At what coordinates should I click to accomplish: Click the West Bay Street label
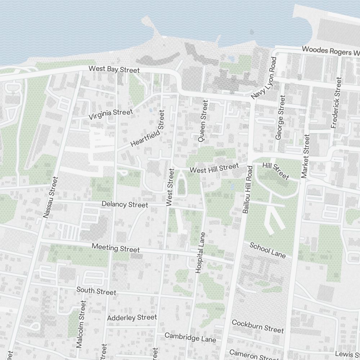click(x=114, y=69)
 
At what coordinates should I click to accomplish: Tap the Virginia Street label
click(x=111, y=114)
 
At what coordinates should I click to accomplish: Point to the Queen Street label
click(x=203, y=121)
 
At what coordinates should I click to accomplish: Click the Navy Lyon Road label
click(x=264, y=78)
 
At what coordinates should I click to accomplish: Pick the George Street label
click(x=280, y=117)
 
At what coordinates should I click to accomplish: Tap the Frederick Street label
click(x=336, y=103)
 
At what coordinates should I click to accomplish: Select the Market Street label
click(x=305, y=156)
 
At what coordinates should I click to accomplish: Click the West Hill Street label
click(x=214, y=168)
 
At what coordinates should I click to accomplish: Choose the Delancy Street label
click(x=125, y=204)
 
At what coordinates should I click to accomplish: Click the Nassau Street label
click(x=50, y=197)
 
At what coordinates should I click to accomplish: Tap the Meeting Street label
click(x=116, y=248)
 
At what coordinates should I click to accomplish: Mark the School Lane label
click(x=267, y=250)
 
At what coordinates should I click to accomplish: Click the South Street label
click(x=96, y=291)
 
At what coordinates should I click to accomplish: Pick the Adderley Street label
click(x=132, y=318)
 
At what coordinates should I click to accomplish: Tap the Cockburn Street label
click(x=258, y=326)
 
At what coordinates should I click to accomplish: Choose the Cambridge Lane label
click(x=190, y=337)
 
